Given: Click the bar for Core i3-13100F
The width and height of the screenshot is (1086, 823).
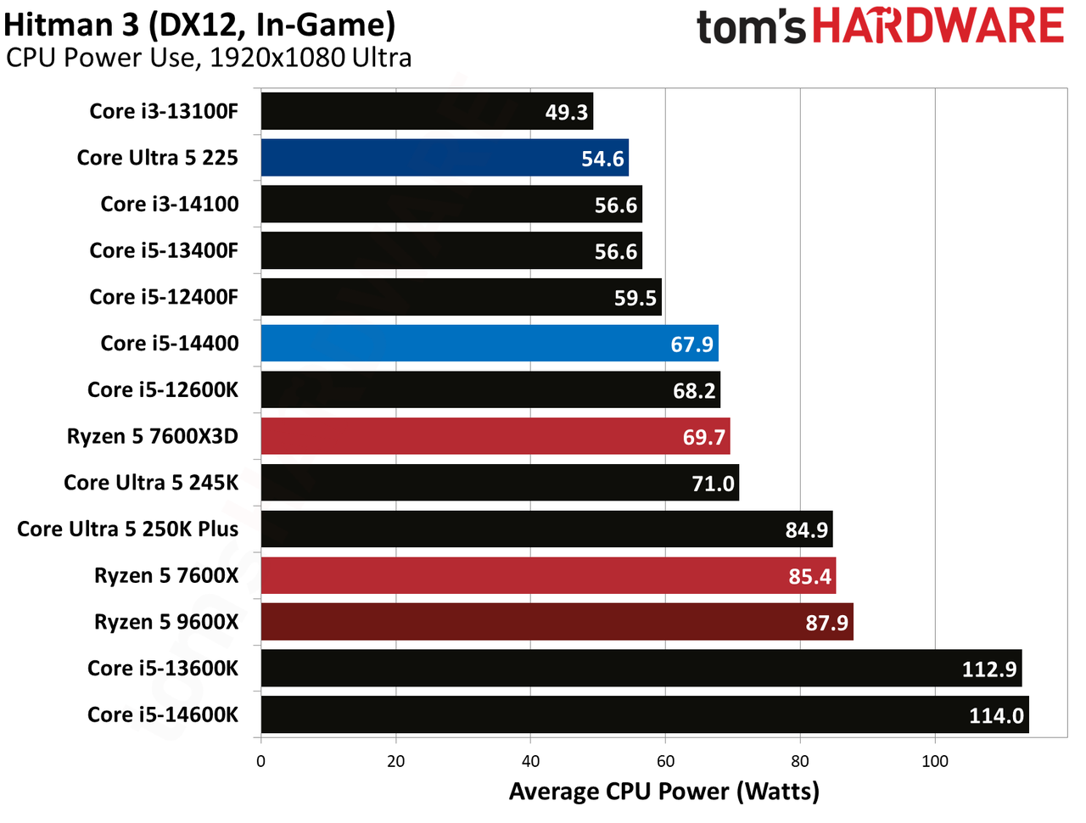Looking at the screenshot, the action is click(427, 111).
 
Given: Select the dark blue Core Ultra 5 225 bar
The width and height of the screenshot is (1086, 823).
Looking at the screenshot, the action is click(445, 157).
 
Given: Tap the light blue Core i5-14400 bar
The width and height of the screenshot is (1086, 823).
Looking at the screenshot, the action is click(490, 344).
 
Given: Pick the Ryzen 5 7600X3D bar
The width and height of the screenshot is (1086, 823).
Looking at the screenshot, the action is click(495, 436).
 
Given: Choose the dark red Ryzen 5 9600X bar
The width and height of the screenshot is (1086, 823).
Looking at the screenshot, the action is click(557, 622).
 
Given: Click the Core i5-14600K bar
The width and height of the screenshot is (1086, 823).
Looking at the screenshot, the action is click(645, 714).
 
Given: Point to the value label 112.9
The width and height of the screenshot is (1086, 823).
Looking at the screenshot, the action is click(989, 669).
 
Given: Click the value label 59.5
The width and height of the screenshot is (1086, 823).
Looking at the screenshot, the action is click(635, 299).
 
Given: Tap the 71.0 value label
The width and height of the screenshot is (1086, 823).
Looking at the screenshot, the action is click(713, 484).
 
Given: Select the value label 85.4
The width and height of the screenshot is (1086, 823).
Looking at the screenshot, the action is click(810, 577).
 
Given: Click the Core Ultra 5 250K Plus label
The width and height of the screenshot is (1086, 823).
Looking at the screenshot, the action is click(127, 529).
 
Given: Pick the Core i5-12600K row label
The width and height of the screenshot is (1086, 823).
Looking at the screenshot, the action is click(163, 389).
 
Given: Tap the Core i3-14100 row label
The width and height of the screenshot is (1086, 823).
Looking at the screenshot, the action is click(170, 204).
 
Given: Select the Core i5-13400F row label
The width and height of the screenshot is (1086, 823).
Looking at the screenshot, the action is click(164, 250).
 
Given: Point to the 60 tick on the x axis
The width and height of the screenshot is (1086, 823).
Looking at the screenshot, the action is click(665, 761).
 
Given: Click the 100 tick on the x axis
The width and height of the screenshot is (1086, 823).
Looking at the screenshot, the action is click(935, 761).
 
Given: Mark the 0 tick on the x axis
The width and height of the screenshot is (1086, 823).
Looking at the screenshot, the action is click(260, 761).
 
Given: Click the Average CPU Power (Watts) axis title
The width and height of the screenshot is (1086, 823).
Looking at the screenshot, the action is click(664, 792).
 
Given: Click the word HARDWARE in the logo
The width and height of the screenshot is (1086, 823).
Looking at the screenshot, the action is click(938, 25).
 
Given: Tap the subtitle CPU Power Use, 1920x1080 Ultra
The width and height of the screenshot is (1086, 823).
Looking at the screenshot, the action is click(209, 58).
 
